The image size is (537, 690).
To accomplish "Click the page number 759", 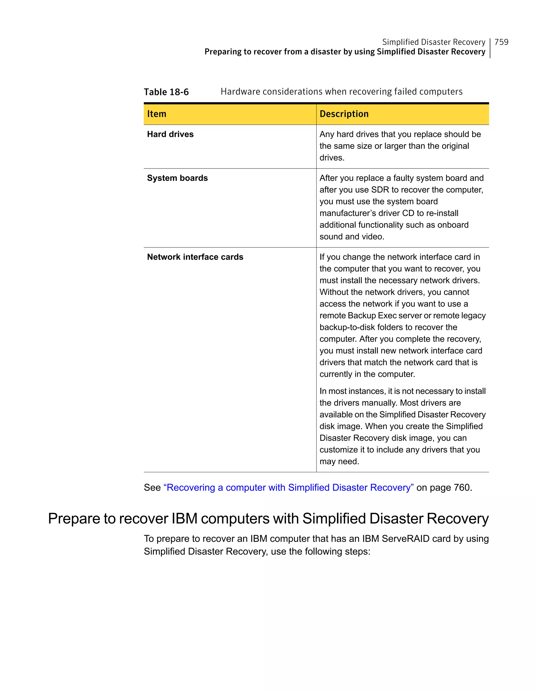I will tap(501, 42).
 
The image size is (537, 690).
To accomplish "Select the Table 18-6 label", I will tap(166, 92).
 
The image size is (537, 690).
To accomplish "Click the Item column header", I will tap(157, 114).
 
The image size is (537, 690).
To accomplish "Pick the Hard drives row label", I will tap(170, 134).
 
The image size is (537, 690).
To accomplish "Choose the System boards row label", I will tap(177, 178).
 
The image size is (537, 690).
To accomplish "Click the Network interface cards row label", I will tap(195, 257).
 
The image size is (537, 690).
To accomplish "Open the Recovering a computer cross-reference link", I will tap(288, 487).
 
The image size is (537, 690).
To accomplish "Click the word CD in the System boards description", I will tap(408, 213).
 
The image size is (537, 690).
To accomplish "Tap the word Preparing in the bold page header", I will tap(223, 52).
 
